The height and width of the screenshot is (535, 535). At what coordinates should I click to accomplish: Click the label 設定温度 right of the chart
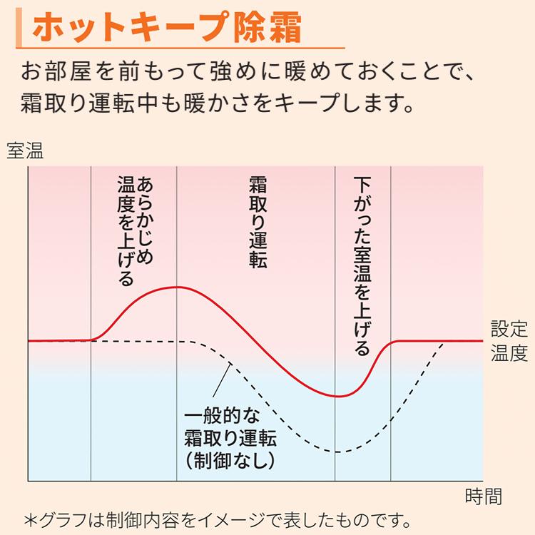tap(509, 341)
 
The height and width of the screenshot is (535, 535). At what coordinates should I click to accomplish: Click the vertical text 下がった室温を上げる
tap(362, 267)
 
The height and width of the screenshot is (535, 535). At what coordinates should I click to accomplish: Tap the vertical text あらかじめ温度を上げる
tap(133, 229)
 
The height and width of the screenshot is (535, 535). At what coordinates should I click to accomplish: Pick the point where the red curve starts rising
tap(93, 340)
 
